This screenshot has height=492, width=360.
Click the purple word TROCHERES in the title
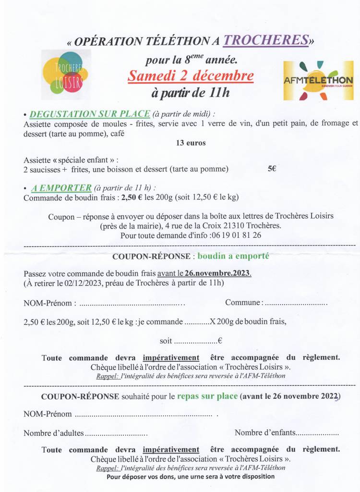click(266, 41)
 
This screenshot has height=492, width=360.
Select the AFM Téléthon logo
click(318, 81)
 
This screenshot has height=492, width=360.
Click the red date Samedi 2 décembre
click(191, 76)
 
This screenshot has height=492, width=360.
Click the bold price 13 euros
click(191, 143)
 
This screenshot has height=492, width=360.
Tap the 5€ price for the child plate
click(272, 169)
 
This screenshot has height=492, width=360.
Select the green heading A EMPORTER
click(61, 187)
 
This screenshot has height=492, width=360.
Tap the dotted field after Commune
click(296, 303)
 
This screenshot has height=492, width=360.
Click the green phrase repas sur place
click(207, 396)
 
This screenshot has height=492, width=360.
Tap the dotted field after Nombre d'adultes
click(116, 433)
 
